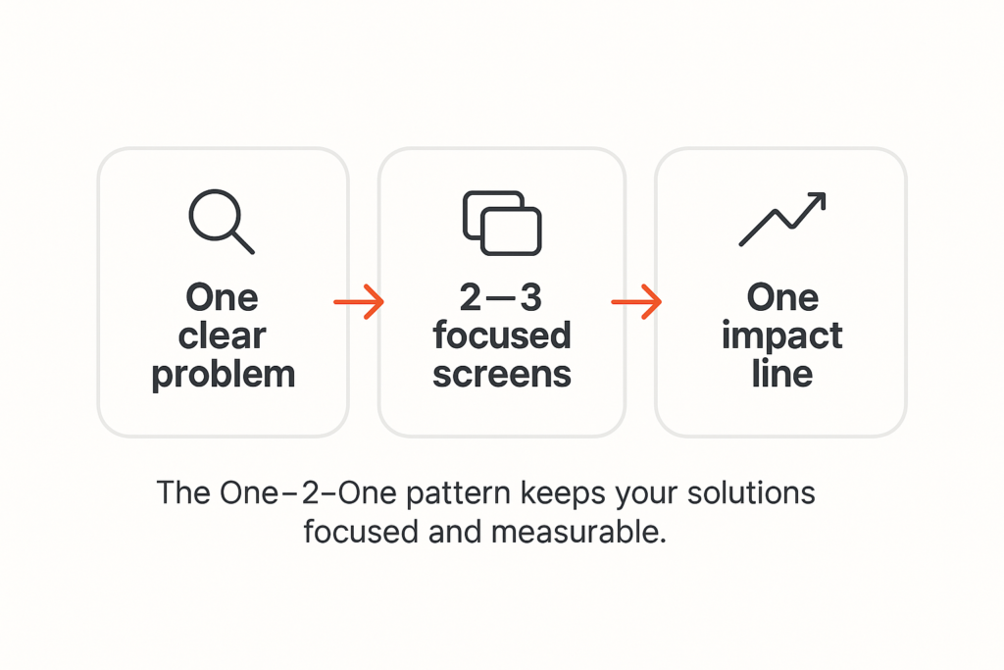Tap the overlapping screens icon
tap(501, 223)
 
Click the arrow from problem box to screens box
tap(358, 302)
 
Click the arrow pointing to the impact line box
tap(636, 302)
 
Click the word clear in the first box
tap(222, 335)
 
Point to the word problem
tap(224, 374)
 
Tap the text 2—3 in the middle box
tap(501, 297)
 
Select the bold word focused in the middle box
tap(501, 335)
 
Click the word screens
tap(501, 374)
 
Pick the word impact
tap(781, 335)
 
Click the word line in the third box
tap(781, 374)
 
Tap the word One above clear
tap(222, 297)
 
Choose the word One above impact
tap(781, 297)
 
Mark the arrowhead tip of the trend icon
tap(824, 195)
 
